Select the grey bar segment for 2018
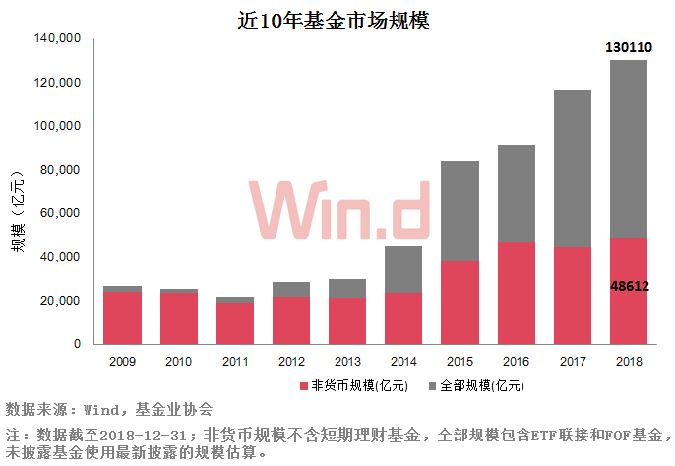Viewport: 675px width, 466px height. (628, 147)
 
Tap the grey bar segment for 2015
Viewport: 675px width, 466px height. (460, 210)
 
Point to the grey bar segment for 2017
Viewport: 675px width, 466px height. (572, 167)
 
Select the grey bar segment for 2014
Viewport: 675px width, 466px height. (403, 268)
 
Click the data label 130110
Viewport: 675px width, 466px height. (628, 47)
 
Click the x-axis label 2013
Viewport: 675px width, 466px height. (347, 361)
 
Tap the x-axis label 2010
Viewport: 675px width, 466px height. (179, 361)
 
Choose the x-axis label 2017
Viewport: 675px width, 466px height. (572, 361)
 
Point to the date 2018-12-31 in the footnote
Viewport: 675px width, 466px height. (145, 433)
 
